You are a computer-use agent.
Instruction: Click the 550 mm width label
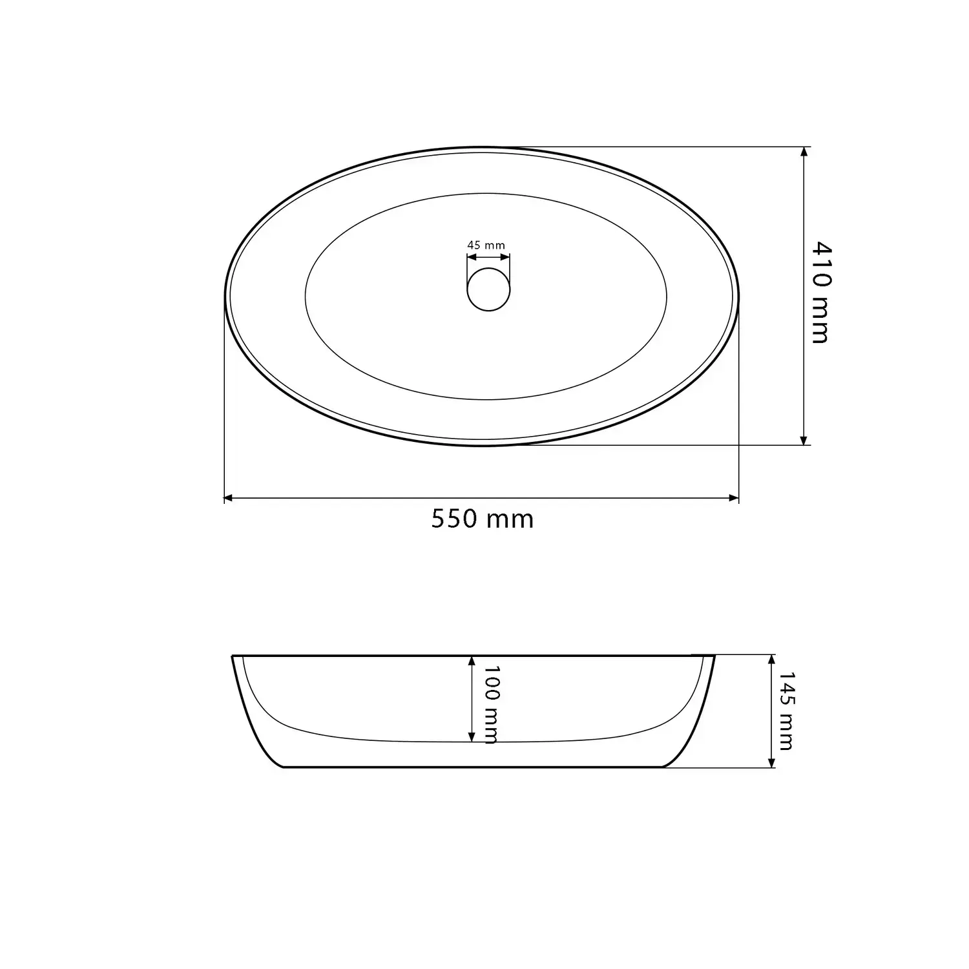[483, 519]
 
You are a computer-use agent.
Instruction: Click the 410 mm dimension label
[820, 292]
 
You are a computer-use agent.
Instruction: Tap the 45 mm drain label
[486, 245]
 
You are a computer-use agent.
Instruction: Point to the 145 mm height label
[786, 711]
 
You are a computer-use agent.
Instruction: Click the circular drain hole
[488, 289]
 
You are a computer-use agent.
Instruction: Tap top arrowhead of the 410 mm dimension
[804, 152]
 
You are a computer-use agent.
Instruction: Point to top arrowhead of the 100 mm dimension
[472, 661]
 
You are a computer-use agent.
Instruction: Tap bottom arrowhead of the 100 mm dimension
[472, 737]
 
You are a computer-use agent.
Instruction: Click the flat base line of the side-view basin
[475, 767]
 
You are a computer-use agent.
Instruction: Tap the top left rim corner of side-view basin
[233, 656]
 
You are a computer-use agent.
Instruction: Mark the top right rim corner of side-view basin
[714, 656]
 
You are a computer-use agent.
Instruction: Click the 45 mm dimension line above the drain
[488, 256]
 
